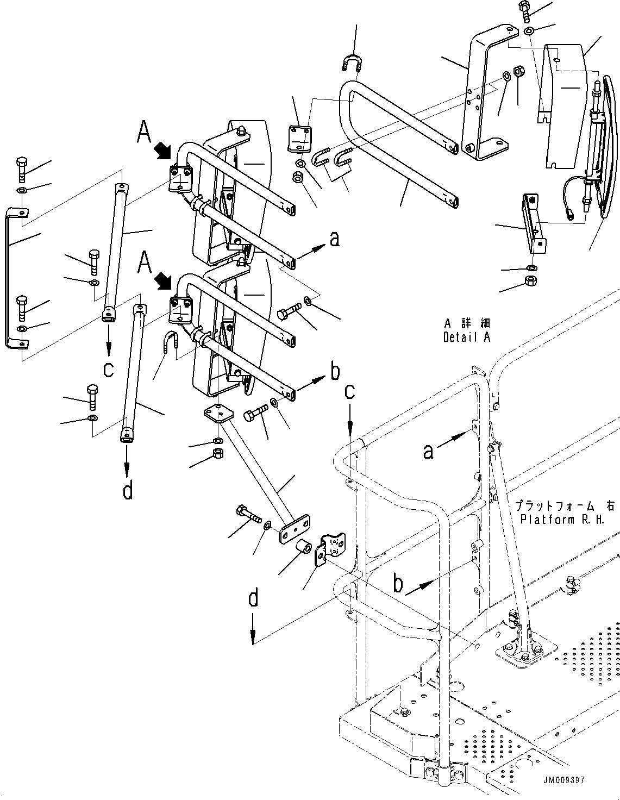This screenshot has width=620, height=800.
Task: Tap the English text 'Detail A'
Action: [x=466, y=337]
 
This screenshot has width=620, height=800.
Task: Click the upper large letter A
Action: [x=143, y=132]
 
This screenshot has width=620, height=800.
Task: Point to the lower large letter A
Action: [x=144, y=262]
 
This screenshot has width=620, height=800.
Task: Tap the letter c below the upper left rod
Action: [x=109, y=369]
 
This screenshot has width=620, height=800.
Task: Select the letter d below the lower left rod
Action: [x=127, y=491]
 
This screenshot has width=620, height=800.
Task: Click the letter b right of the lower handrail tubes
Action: [x=335, y=372]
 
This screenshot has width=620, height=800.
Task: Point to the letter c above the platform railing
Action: [x=350, y=392]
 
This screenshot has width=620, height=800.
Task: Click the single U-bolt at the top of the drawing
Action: [x=353, y=64]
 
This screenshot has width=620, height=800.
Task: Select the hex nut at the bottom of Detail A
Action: [x=531, y=282]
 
